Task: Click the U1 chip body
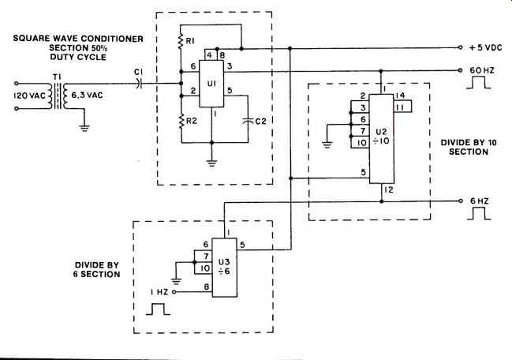[211, 84]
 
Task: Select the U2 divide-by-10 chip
[381, 139]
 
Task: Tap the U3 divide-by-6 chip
[225, 267]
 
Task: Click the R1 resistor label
[190, 41]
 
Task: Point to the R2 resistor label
[192, 122]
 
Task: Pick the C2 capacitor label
[260, 122]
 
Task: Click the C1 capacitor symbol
[140, 84]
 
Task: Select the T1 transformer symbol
[58, 96]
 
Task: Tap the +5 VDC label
[485, 47]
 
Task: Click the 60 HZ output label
[482, 70]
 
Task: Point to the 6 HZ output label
[480, 201]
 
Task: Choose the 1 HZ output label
[159, 292]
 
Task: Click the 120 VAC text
[29, 96]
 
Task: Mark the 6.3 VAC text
[87, 96]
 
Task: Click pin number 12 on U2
[389, 189]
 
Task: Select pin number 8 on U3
[207, 287]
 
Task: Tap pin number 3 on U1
[230, 66]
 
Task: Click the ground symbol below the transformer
[84, 128]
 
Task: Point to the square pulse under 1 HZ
[158, 309]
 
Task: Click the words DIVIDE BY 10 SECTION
[469, 147]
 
